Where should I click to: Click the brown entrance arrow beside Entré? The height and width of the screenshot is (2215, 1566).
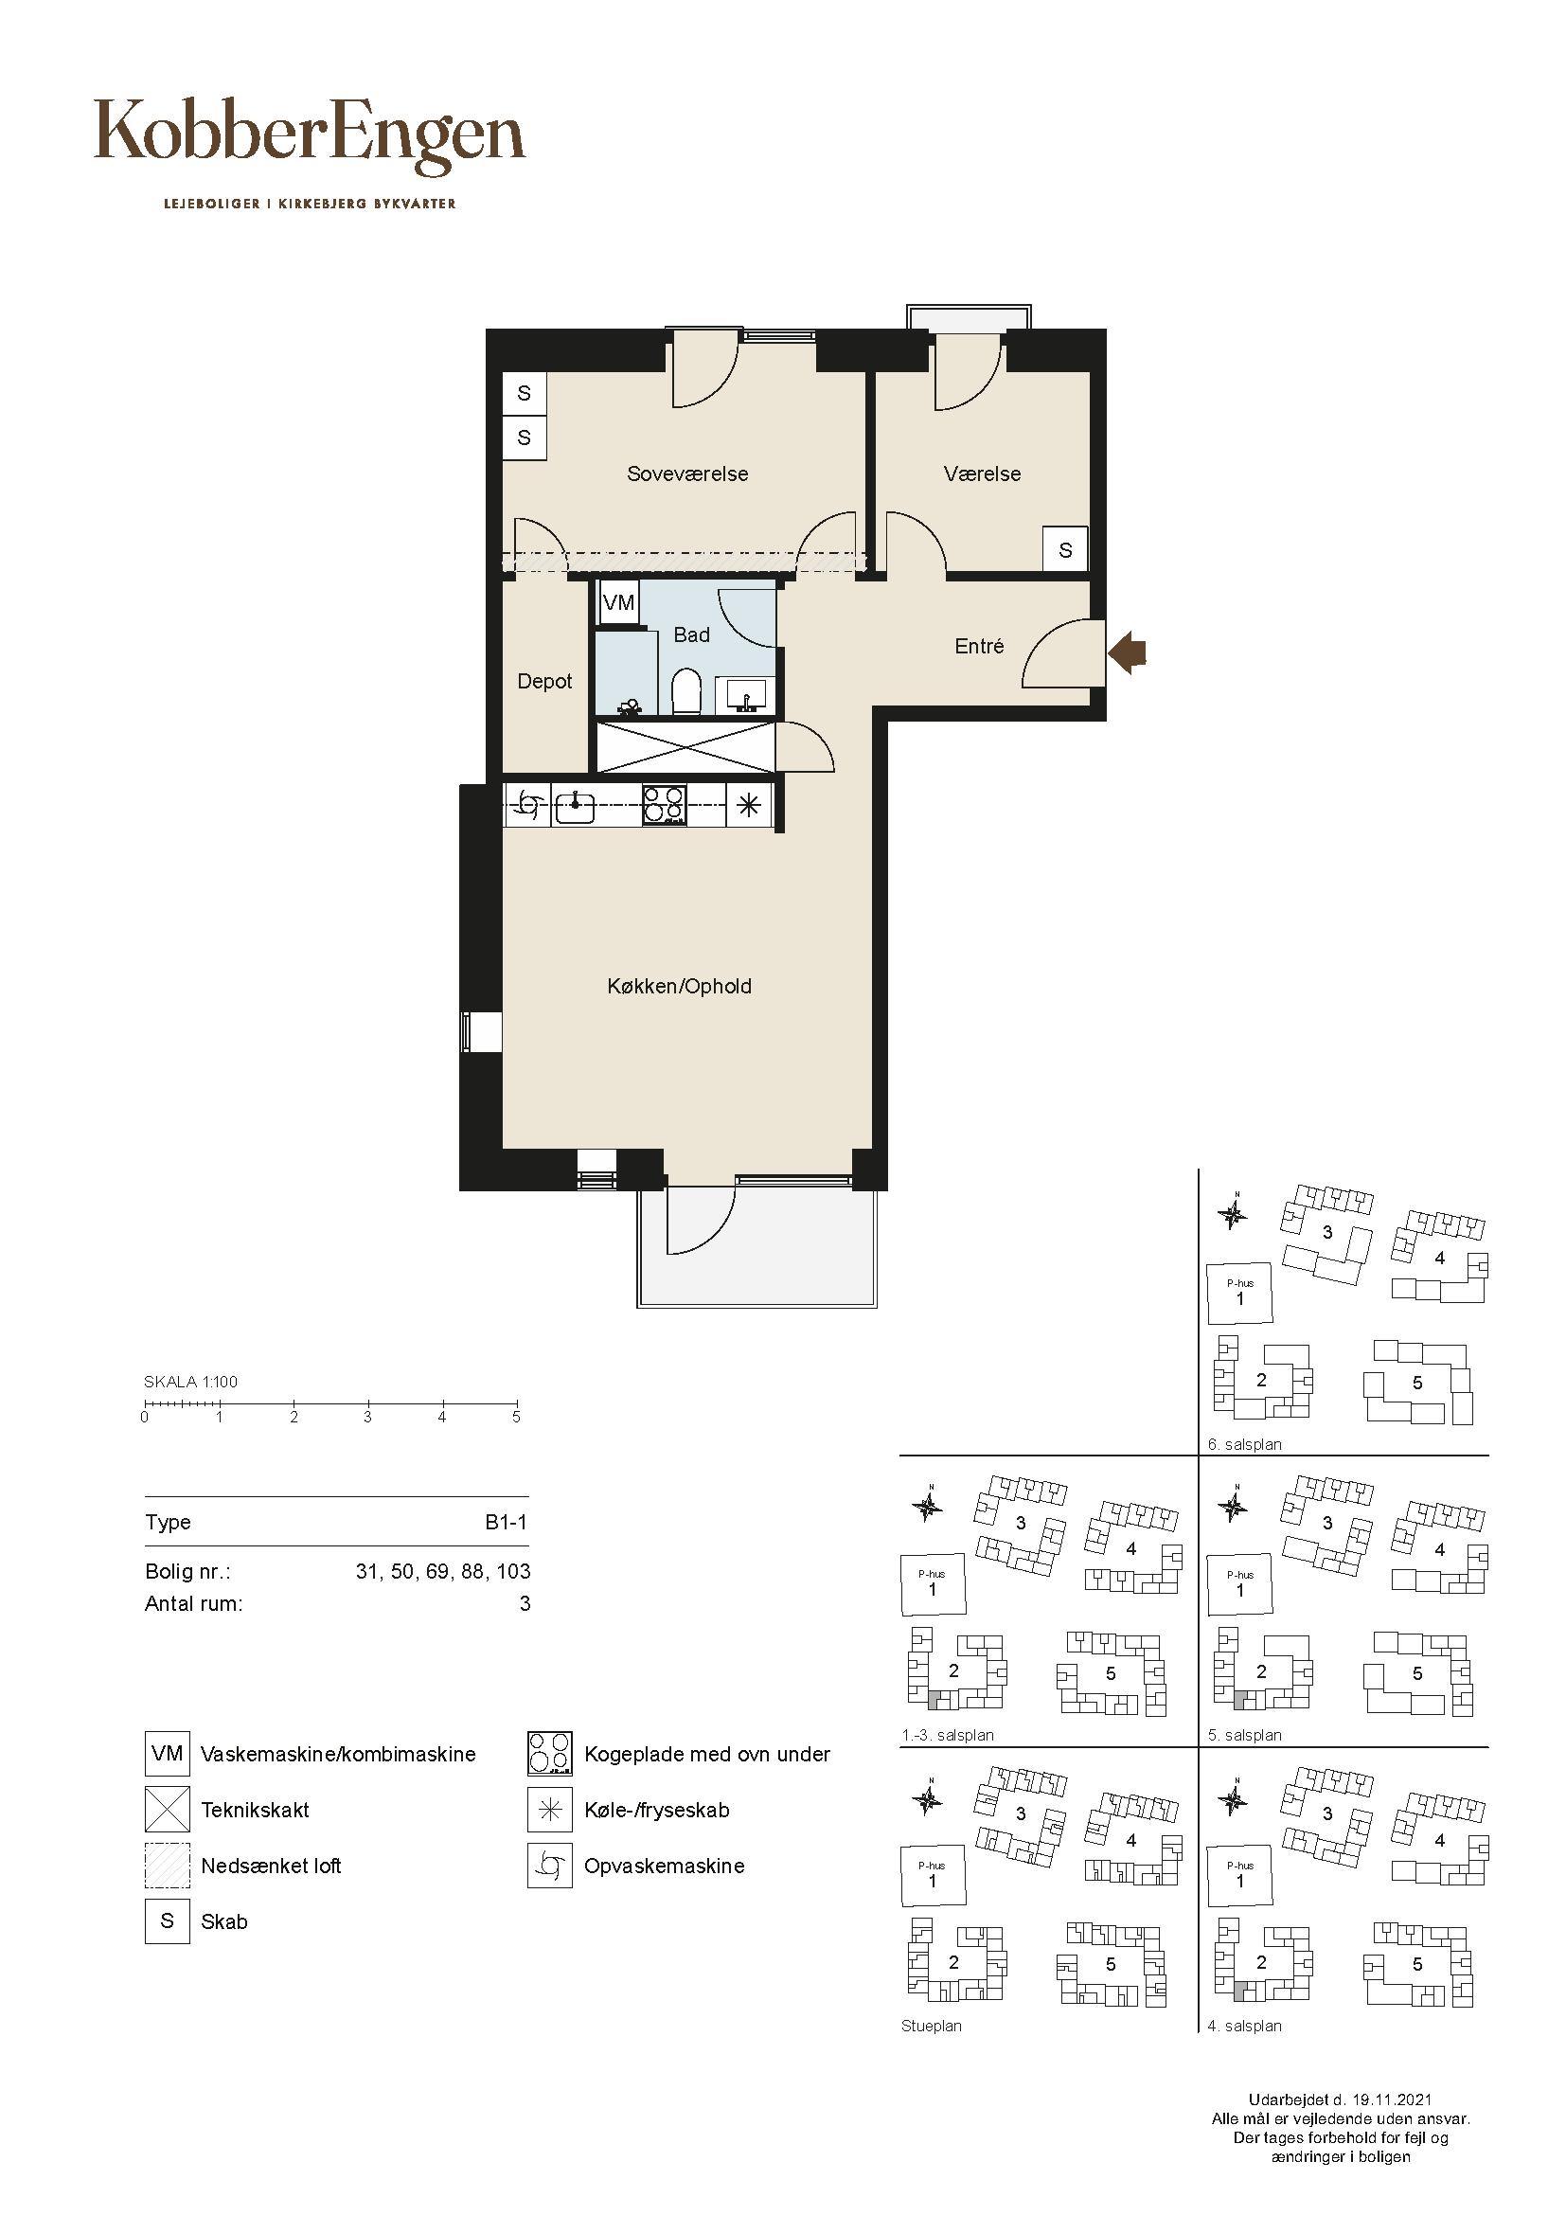[1127, 655]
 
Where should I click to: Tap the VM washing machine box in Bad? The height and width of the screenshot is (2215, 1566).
[618, 603]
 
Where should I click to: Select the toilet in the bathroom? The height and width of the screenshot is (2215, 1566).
[685, 690]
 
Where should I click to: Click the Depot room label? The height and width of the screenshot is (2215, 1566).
[544, 681]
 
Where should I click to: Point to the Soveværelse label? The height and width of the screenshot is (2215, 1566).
[687, 473]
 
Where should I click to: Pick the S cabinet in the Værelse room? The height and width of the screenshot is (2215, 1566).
[1065, 550]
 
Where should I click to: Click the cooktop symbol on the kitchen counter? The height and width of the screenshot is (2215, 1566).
[665, 805]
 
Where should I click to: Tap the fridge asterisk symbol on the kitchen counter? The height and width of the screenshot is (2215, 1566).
[749, 805]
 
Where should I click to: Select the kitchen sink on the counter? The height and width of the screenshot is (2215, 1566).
[575, 805]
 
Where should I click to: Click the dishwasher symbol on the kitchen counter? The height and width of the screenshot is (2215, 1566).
[526, 805]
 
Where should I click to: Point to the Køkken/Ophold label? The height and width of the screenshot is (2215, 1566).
[680, 986]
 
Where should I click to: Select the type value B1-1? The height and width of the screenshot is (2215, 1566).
[507, 1523]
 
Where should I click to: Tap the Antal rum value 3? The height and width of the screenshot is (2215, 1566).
[525, 1603]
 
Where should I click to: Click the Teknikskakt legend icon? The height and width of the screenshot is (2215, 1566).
[168, 1809]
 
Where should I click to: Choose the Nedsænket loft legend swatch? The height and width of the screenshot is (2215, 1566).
[168, 1865]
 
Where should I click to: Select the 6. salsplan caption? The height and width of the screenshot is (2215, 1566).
[1245, 1444]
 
